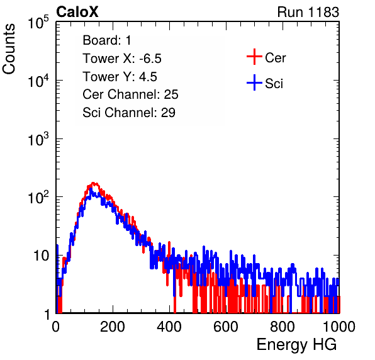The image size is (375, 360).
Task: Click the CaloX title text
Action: click(77, 12)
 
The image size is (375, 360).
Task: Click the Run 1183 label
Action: click(308, 12)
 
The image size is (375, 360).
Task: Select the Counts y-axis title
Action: click(9, 49)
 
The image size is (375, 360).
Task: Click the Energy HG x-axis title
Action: click(296, 345)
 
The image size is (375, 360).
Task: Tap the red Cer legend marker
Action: click(254, 57)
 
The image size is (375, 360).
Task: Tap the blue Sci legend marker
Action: click(254, 82)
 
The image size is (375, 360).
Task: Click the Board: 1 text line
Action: click(107, 40)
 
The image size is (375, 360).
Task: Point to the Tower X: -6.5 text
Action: click(122, 59)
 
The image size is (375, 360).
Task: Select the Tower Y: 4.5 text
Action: click(120, 77)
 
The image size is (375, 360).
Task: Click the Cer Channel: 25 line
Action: click(130, 94)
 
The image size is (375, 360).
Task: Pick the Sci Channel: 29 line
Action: click(129, 113)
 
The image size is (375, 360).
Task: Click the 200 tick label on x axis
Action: click(113, 327)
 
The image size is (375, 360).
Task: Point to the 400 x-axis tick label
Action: click(169, 327)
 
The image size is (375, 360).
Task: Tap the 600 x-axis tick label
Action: click(226, 327)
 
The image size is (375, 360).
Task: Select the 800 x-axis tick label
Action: click(283, 327)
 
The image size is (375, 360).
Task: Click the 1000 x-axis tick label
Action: click(339, 327)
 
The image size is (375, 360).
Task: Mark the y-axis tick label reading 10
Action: click(42, 256)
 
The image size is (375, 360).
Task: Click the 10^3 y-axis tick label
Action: click(38, 139)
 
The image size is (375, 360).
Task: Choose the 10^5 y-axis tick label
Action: click(38, 22)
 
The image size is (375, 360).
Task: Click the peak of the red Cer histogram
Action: click(94, 183)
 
